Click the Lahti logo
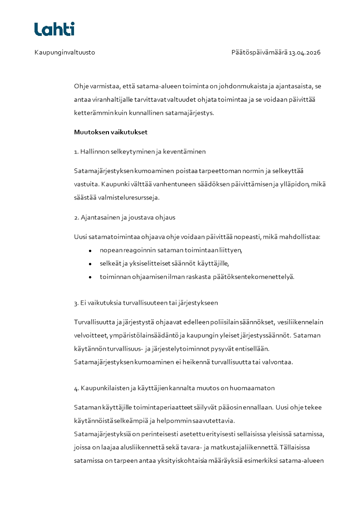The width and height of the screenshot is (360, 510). coord(54,29)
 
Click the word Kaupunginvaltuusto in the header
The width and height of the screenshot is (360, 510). coord(64,53)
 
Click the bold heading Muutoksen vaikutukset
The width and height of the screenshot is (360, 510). coord(111,133)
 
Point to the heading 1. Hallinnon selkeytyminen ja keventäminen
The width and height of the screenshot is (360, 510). coord(140,152)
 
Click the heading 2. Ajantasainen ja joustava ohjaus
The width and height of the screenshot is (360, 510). coord(124,218)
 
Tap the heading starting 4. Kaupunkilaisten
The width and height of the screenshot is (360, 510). coord(174,388)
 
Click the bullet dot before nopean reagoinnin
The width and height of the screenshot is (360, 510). coord(90,251)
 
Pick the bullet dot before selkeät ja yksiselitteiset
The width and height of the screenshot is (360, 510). coord(90,264)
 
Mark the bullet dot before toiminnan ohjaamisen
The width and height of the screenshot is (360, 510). coord(90,277)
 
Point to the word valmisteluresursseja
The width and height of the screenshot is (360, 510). coord(127,198)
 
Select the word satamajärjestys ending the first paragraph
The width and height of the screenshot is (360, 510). coord(190,112)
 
